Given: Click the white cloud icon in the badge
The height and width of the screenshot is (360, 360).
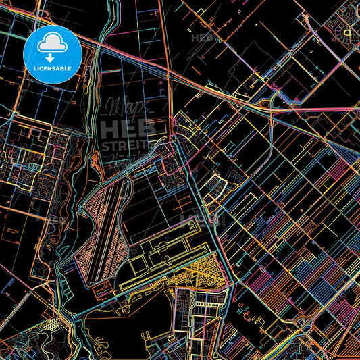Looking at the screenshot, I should point(52,44).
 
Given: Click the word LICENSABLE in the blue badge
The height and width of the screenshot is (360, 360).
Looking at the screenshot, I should point(52,69).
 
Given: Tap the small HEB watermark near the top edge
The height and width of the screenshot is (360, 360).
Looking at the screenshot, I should point(203,38).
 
